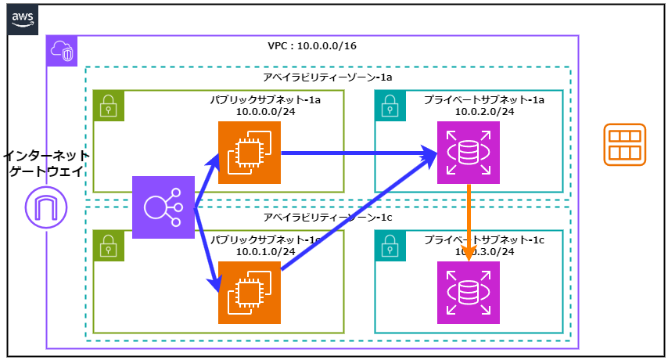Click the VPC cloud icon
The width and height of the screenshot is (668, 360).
click(62, 51)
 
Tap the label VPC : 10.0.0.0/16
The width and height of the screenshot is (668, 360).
click(312, 45)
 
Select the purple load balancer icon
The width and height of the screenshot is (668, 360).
click(163, 207)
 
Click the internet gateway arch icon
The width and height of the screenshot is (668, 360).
click(46, 207)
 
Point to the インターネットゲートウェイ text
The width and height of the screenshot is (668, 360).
click(46, 164)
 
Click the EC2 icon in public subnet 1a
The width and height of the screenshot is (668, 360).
click(249, 153)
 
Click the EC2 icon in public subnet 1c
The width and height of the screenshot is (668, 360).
click(249, 293)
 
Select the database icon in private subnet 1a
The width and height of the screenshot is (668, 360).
click(468, 153)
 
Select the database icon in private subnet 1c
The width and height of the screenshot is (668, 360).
click(468, 293)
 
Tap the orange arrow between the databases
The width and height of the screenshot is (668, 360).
click(468, 223)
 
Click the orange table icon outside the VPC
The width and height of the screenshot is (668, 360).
click(624, 145)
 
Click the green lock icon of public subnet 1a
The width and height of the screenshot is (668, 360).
click(109, 106)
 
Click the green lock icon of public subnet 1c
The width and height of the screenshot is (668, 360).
click(109, 246)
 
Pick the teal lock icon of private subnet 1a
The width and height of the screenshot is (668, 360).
click(390, 106)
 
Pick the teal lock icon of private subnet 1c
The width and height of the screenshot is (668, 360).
click(390, 246)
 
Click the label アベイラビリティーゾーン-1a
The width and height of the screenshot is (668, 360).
click(327, 78)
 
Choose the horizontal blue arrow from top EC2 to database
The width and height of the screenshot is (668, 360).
click(352, 153)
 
